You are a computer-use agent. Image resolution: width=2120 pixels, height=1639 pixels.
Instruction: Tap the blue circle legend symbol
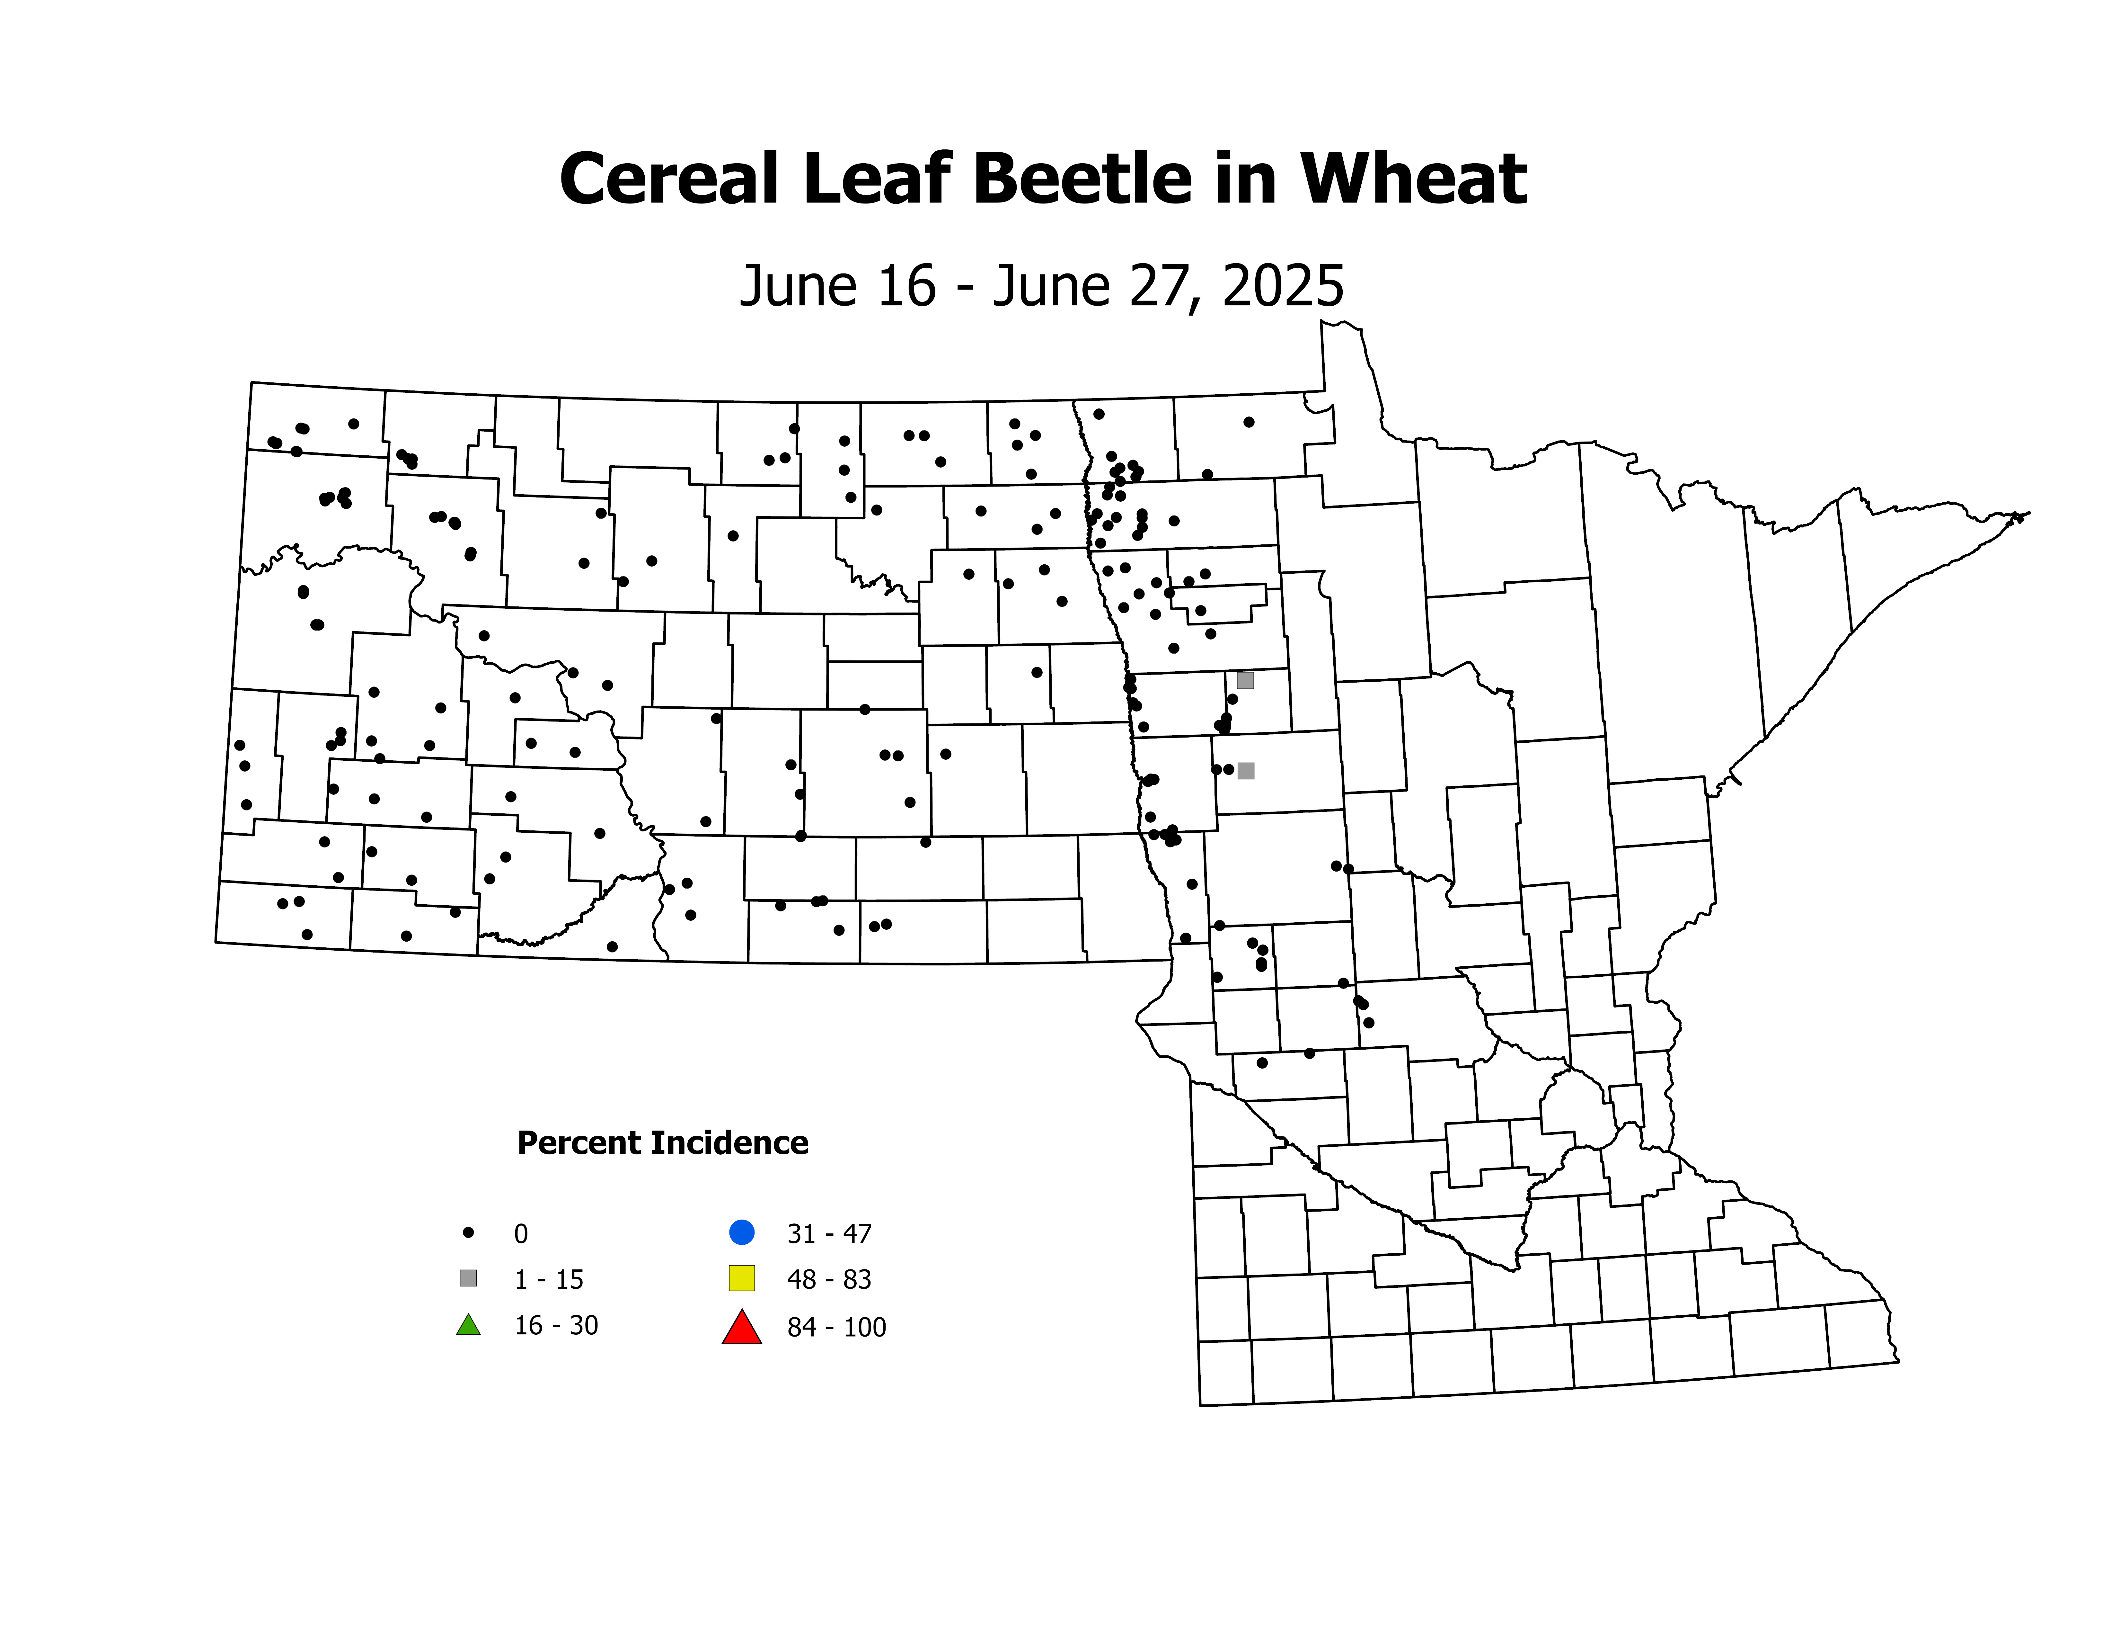pos(742,1232)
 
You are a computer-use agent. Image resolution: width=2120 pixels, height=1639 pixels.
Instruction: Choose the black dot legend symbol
pos(468,1232)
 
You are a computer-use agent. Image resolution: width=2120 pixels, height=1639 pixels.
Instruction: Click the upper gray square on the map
pos(1245,681)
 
